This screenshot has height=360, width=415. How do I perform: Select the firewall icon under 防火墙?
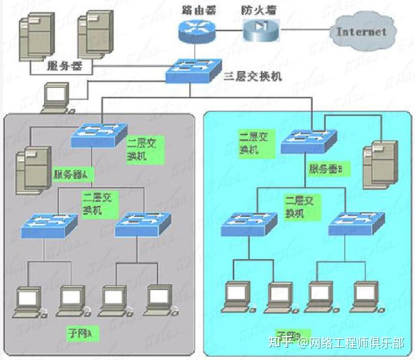[x=262, y=29]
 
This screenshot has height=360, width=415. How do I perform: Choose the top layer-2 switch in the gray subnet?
[x=98, y=135]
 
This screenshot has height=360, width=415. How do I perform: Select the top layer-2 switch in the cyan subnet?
[x=309, y=142]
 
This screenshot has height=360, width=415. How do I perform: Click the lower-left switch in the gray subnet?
[x=49, y=225]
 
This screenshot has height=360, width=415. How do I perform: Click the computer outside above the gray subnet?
[x=57, y=97]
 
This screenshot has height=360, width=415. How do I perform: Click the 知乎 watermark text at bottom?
[x=281, y=342]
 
